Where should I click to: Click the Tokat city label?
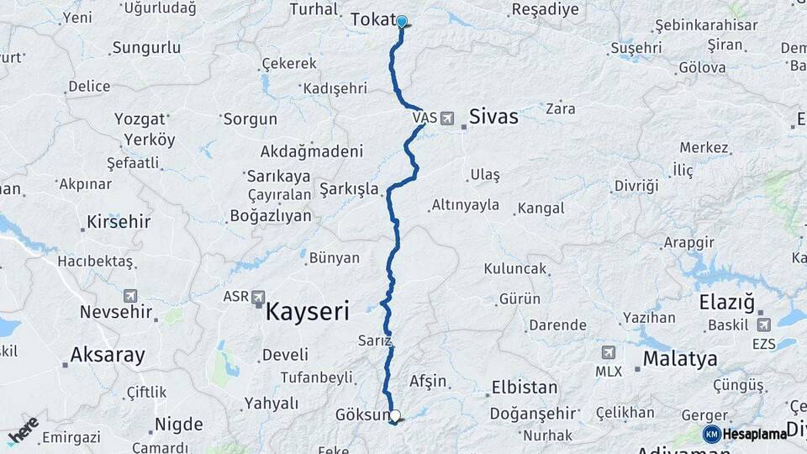click(x=372, y=18)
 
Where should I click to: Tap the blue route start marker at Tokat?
click(x=402, y=22)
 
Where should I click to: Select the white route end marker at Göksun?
click(x=395, y=414)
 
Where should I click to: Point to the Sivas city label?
click(x=493, y=116)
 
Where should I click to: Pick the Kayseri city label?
click(x=307, y=313)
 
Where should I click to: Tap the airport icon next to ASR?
click(x=258, y=298)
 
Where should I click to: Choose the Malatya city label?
click(x=680, y=359)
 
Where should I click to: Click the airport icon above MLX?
click(x=608, y=352)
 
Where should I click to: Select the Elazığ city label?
click(x=727, y=302)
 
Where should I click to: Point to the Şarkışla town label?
click(x=349, y=188)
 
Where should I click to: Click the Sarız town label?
click(x=376, y=340)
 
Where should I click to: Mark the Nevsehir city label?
click(x=116, y=312)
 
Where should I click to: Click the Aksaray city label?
click(x=108, y=355)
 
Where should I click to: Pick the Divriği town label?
click(x=636, y=185)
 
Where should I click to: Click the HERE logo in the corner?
click(x=23, y=430)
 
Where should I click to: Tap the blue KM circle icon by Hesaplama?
click(x=711, y=434)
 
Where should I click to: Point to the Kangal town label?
click(x=541, y=208)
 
